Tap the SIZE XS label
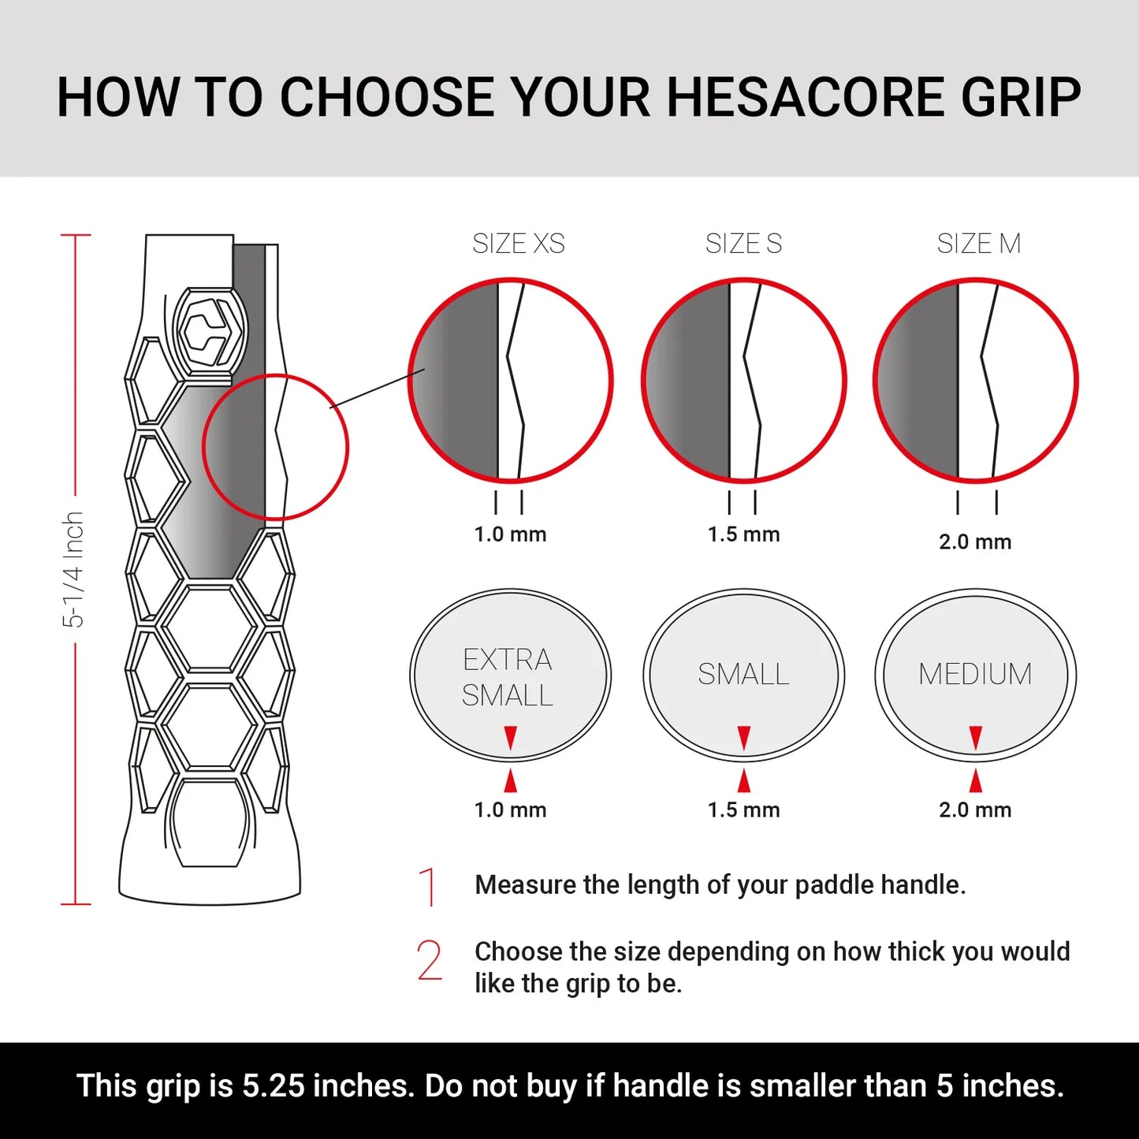(518, 244)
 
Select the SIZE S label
(743, 244)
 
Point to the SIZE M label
(978, 244)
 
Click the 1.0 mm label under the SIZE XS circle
(510, 534)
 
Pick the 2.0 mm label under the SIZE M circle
(975, 542)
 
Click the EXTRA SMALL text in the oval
(508, 677)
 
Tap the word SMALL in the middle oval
(743, 675)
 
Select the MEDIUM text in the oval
(975, 675)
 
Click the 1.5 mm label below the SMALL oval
(743, 810)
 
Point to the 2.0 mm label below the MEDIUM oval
(975, 810)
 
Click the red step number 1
(429, 887)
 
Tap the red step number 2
(430, 961)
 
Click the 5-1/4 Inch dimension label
(73, 569)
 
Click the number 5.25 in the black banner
(273, 1086)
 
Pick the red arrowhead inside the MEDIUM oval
(976, 738)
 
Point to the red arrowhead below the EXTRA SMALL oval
(511, 780)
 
